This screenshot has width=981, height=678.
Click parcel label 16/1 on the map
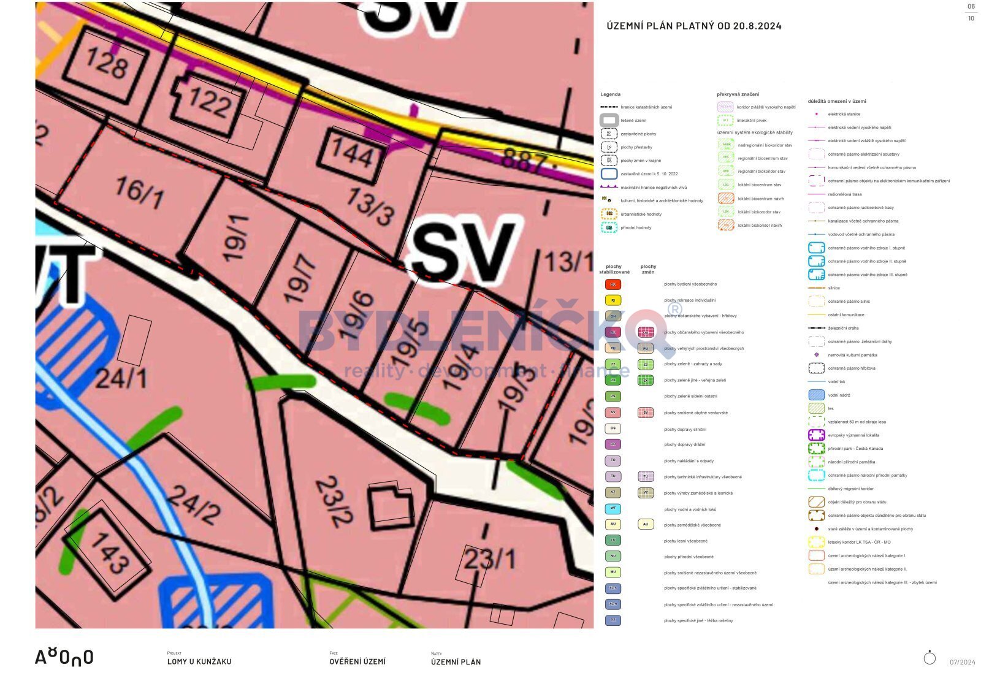click(139, 192)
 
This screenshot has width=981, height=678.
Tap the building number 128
click(107, 63)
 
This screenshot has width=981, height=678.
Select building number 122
click(210, 102)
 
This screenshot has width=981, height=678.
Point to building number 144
click(352, 152)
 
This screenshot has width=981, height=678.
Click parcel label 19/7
click(301, 280)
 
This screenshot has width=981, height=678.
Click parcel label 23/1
click(489, 559)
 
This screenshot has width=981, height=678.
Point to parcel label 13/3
click(370, 206)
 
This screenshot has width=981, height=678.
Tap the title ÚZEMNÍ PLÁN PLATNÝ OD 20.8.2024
click(693, 26)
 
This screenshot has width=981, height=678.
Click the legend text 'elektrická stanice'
click(844, 114)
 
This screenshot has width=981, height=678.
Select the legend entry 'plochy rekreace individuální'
click(690, 300)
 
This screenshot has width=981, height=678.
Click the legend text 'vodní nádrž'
click(839, 395)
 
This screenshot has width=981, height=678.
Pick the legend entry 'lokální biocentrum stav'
click(759, 185)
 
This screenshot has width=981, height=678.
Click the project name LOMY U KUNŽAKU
click(199, 661)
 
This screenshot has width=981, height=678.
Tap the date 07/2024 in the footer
click(963, 662)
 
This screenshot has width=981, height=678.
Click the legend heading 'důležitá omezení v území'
click(837, 101)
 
